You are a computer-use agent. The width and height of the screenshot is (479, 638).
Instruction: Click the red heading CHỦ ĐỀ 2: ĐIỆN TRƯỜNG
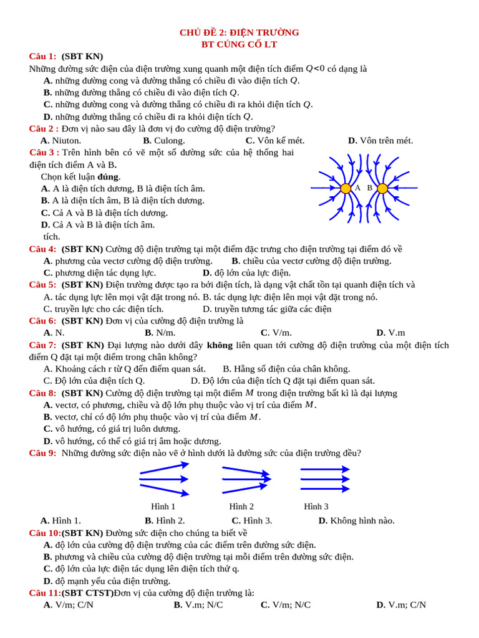239,32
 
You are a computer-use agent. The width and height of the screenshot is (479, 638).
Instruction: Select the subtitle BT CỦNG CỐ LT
239,44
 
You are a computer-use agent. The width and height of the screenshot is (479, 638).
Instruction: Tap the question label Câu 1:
43,57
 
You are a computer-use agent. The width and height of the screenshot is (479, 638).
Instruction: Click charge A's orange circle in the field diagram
345,188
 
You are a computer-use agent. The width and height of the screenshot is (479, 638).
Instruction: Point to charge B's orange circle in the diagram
382,188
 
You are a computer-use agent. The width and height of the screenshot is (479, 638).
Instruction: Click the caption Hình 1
163,507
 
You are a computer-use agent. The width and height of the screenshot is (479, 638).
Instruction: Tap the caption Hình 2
241,507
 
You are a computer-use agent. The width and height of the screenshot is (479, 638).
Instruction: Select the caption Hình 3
316,507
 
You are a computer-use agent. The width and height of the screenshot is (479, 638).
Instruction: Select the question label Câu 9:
43,453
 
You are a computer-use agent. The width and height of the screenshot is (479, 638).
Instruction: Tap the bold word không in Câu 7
219,345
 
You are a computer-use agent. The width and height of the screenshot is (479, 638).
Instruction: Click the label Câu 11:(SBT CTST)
71,593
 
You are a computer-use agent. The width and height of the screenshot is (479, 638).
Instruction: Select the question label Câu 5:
43,285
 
